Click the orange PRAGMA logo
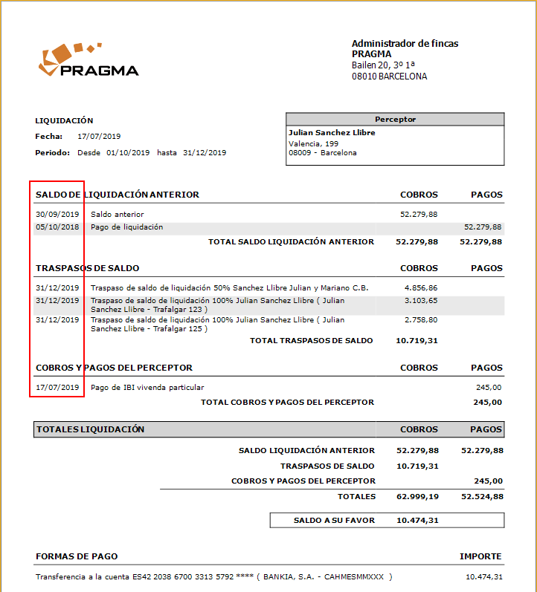click(x=88, y=61)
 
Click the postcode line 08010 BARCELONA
click(x=389, y=77)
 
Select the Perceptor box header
click(x=395, y=119)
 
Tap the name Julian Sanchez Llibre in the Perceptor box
click(x=332, y=133)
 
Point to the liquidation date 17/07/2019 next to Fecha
click(x=99, y=137)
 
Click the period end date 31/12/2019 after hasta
click(x=205, y=152)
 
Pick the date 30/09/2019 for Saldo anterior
click(x=57, y=215)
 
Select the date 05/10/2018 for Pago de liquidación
click(x=57, y=227)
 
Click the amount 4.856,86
click(x=421, y=287)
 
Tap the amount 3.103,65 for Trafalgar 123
click(x=421, y=301)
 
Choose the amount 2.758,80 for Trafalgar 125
click(x=421, y=320)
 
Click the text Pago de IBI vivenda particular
click(x=147, y=387)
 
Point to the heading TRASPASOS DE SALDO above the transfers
click(x=87, y=268)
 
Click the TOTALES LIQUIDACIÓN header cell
click(x=91, y=429)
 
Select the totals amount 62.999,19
click(x=417, y=496)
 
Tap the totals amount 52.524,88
click(x=481, y=496)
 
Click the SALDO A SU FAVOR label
click(x=334, y=521)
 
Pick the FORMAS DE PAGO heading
click(x=77, y=556)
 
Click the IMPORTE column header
click(x=480, y=556)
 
